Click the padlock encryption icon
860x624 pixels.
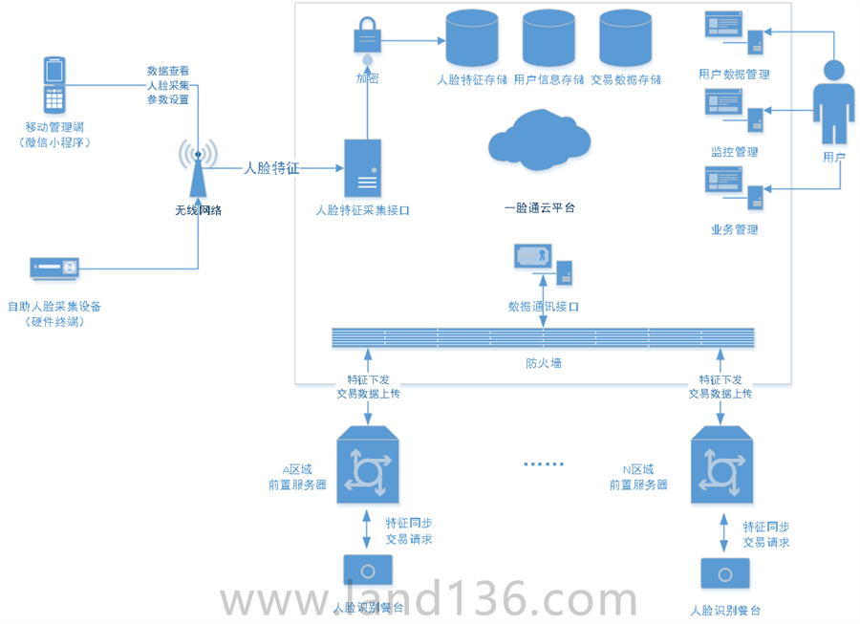coord(367,36)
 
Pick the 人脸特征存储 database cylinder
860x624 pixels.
coord(471,38)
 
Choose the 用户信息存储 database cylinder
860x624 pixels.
coord(548,38)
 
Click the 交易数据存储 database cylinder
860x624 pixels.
coord(625,38)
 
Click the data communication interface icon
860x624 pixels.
coord(542,263)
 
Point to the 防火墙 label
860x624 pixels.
coord(543,363)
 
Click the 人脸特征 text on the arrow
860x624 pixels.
coord(271,168)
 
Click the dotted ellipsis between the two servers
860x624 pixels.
coord(544,464)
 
